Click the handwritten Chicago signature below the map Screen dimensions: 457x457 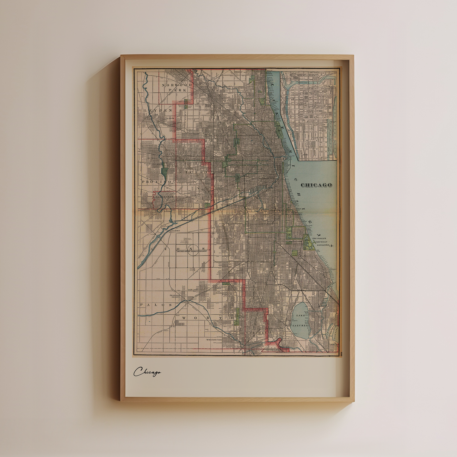[x=147, y=372]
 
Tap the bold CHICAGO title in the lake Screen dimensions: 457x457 [x=316, y=185]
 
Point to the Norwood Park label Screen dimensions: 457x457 [x=177, y=87]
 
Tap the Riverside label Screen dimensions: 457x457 [x=164, y=197]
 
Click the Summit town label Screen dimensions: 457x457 [x=176, y=231]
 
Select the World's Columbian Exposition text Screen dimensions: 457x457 [x=321, y=242]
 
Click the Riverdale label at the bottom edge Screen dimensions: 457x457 [x=271, y=350]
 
